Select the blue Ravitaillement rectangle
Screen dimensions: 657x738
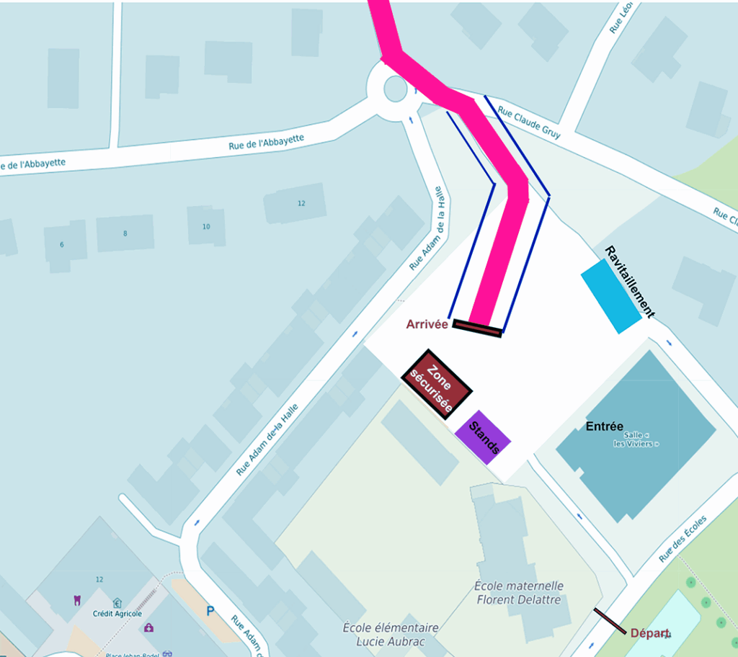(x=610, y=296)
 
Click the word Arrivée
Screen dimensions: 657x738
(x=427, y=324)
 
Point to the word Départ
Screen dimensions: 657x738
(x=650, y=633)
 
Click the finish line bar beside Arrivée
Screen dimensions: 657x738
(x=477, y=328)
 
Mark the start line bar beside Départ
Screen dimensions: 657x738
(x=610, y=621)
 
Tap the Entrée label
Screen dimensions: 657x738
(x=604, y=426)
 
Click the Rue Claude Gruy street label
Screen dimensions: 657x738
(x=529, y=123)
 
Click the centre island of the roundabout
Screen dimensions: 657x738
(x=395, y=88)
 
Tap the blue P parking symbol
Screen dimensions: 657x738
(x=210, y=611)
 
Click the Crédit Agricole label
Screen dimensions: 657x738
(x=117, y=614)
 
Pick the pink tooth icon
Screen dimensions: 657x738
(x=76, y=599)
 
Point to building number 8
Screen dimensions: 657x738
(x=125, y=233)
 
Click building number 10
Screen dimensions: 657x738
(x=206, y=227)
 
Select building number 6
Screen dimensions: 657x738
(x=62, y=245)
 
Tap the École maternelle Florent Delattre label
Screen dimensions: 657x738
(x=519, y=593)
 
